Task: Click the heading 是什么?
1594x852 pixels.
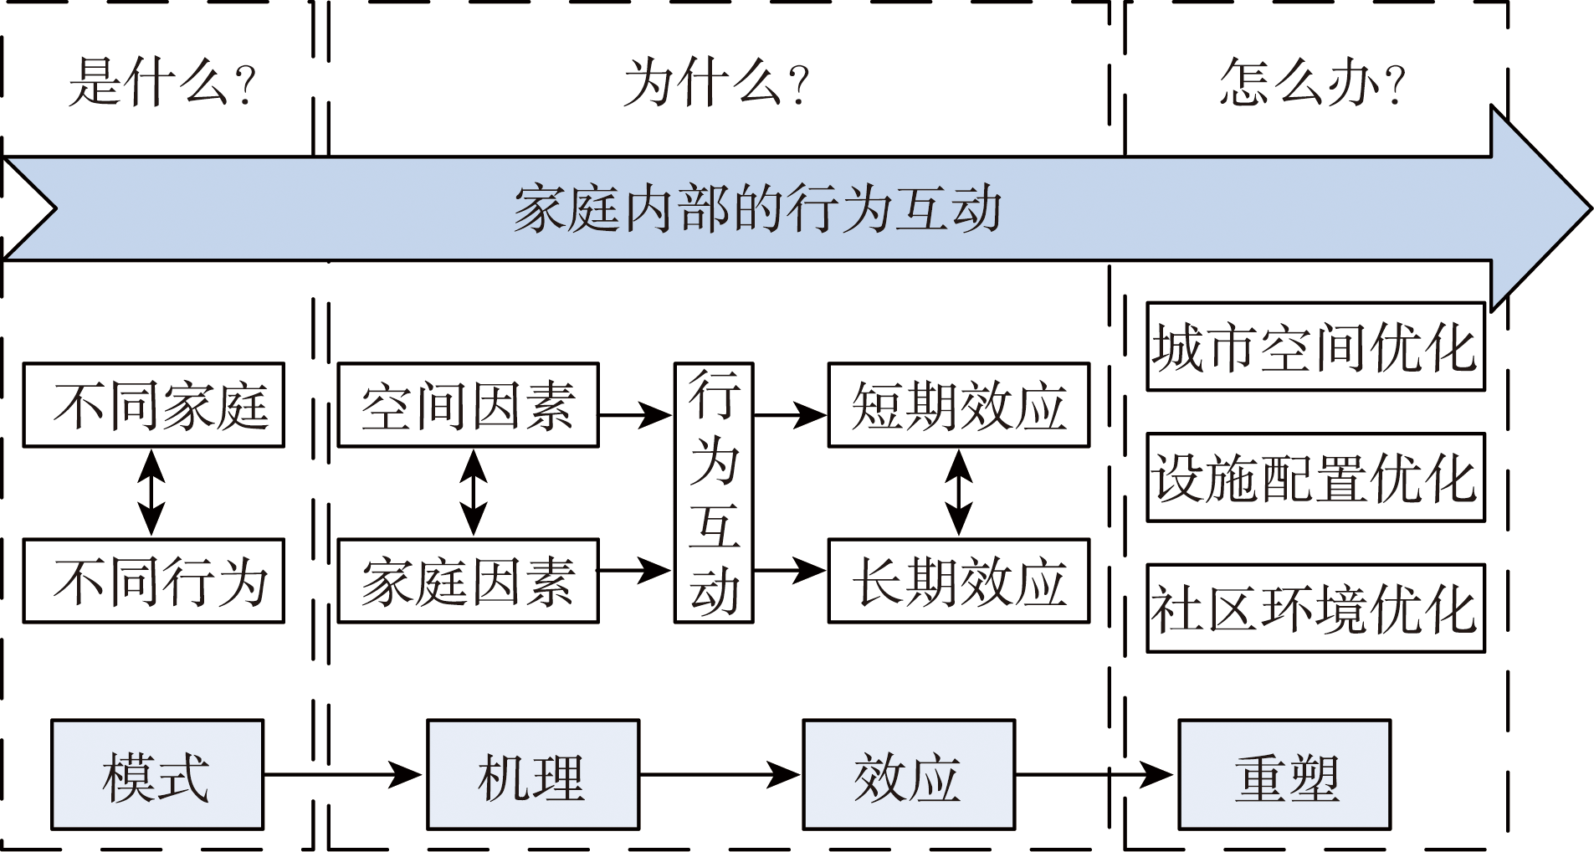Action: [162, 82]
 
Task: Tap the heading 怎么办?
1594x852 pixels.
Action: [1312, 82]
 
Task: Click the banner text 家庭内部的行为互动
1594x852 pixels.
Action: [757, 209]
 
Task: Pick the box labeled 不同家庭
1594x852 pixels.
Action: [154, 405]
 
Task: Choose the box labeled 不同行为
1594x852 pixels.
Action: [154, 581]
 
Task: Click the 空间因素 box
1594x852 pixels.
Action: [468, 405]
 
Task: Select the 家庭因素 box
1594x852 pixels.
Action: [468, 581]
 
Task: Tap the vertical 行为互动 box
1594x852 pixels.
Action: [714, 493]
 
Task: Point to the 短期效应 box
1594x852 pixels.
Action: [958, 405]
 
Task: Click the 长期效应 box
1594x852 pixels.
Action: [958, 581]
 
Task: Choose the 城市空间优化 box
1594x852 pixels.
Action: [1315, 346]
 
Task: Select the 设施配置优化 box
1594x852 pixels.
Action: [1315, 477]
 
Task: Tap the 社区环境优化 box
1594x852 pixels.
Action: [1315, 608]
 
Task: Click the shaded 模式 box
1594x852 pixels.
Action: [157, 775]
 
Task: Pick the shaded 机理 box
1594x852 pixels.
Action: [533, 775]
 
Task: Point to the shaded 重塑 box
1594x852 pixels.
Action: [1284, 775]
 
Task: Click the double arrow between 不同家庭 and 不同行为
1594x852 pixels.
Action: [151, 493]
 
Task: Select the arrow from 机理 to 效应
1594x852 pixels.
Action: [720, 775]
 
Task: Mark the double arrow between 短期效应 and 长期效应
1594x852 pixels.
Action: [959, 493]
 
